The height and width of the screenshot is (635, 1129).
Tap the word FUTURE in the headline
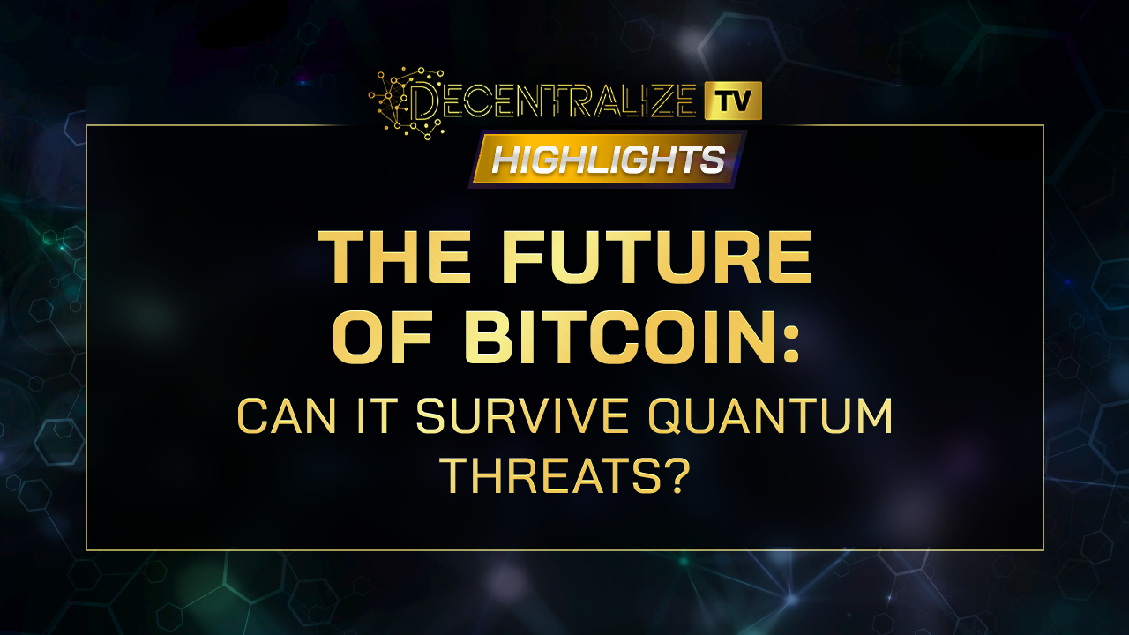[656, 258]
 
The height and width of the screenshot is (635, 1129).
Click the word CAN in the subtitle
[286, 415]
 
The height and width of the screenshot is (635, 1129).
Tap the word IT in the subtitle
[374, 415]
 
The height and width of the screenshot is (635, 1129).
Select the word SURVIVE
[522, 415]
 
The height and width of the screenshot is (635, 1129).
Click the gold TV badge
[733, 101]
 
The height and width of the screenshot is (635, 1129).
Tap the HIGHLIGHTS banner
[608, 159]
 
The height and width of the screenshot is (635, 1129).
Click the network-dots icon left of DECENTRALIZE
[407, 103]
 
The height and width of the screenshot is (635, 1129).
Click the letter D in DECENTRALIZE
[425, 102]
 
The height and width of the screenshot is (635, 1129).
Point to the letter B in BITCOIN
[488, 337]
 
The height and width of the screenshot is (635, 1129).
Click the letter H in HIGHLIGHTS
[506, 160]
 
